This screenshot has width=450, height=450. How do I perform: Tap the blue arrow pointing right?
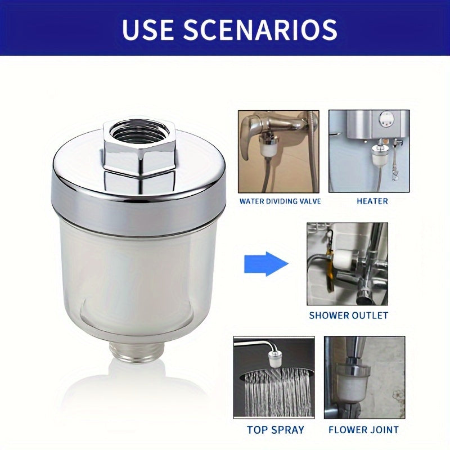pos(265,264)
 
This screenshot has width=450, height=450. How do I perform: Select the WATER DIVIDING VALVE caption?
pos(280,201)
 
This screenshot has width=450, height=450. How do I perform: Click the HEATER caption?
pos(372,201)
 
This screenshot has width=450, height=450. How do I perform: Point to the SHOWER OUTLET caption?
pos(348,316)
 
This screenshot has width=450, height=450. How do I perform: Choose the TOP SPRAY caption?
pos(276,430)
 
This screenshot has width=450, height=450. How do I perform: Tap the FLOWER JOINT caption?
pos(364,430)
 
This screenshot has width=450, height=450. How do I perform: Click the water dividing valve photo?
pos(278,151)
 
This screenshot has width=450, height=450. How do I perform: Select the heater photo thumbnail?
pos(369,151)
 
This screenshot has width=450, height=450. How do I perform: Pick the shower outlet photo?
pos(347,264)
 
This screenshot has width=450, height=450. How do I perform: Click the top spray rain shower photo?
pos(274,377)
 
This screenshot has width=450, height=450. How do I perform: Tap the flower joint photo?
pos(364,377)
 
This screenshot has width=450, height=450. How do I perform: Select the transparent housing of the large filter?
pos(137,276)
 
